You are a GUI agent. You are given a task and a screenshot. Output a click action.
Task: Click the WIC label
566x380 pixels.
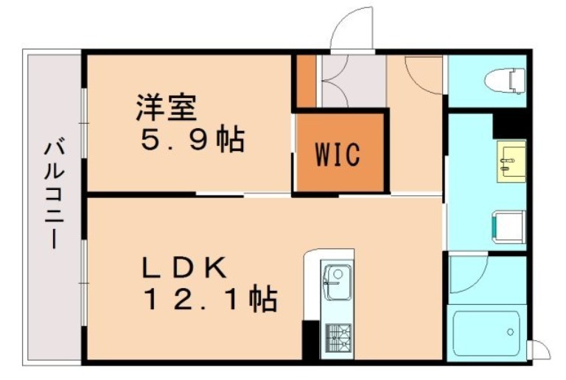click(338, 155)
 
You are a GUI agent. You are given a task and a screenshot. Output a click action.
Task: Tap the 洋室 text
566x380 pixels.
click(166, 108)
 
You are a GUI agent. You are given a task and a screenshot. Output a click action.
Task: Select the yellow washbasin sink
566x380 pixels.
click(511, 160)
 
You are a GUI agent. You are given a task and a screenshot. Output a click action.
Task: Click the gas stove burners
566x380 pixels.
click(336, 339)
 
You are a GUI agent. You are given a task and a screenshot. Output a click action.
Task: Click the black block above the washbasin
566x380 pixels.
click(509, 124)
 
